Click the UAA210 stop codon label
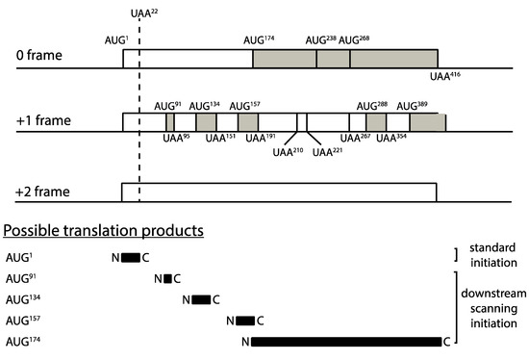(288, 151)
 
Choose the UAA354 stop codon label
(392, 139)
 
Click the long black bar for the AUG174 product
(345, 341)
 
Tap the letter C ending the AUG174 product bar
(446, 341)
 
